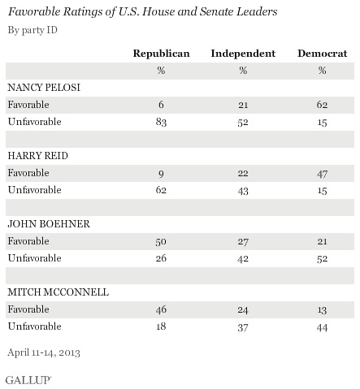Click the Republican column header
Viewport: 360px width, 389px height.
pos(161,54)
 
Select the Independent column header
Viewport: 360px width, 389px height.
pos(243,54)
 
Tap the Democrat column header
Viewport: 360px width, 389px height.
pos(322,54)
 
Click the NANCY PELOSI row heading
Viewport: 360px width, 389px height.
pos(44,88)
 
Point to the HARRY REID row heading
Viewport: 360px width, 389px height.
pos(38,156)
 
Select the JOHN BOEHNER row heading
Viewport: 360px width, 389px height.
pos(49,224)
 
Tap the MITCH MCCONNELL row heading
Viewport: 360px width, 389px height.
pos(59,292)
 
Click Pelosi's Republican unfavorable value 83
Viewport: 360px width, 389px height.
pos(161,122)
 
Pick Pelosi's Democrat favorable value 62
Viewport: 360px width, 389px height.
pos(322,105)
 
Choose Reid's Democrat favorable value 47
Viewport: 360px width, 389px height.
pos(322,174)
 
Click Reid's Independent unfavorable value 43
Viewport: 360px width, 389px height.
pos(243,191)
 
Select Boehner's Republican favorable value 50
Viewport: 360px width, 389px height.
pos(161,241)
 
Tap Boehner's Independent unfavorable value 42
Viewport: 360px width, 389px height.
pos(243,259)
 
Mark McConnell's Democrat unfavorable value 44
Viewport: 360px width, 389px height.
pos(322,327)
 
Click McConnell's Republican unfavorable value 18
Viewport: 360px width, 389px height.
pos(161,326)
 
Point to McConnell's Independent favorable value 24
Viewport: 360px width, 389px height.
pos(243,310)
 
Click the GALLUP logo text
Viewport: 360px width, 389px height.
pos(28,380)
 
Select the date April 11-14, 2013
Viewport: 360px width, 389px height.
pos(44,352)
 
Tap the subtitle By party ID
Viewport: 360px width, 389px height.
pos(33,30)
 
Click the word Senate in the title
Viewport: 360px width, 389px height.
pos(216,11)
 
